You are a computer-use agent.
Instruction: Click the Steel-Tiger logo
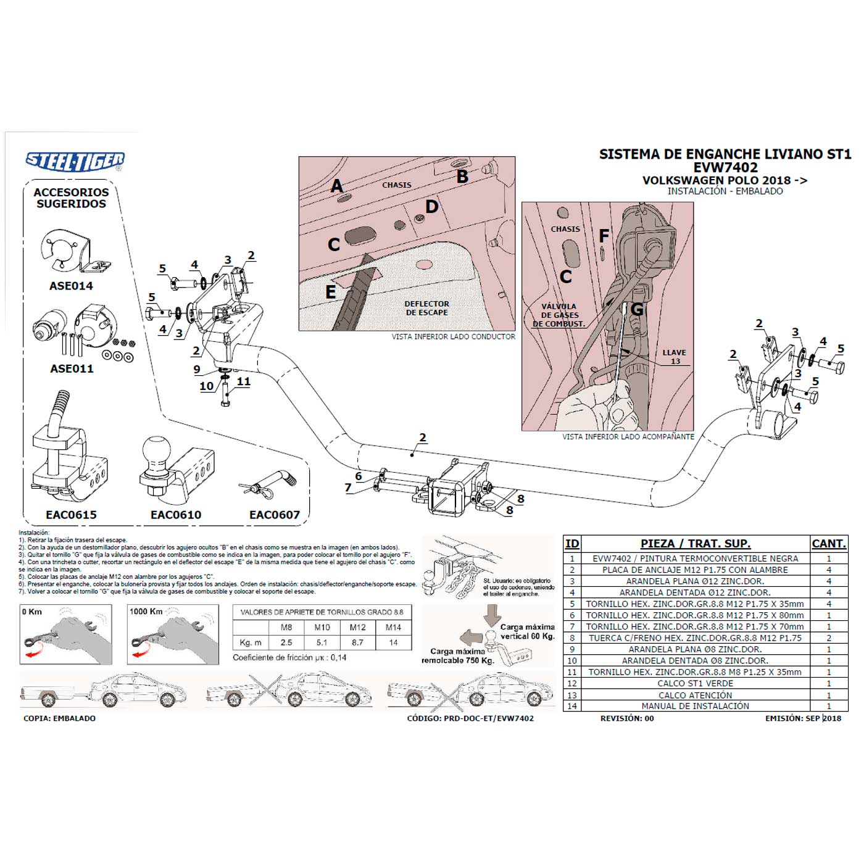click(x=75, y=161)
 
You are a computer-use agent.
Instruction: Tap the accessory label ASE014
click(x=71, y=286)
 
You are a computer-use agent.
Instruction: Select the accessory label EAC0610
click(x=176, y=515)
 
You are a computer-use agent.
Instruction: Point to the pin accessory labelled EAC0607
click(x=269, y=484)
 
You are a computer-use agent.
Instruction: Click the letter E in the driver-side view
click(x=331, y=291)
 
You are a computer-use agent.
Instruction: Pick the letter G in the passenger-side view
click(x=636, y=309)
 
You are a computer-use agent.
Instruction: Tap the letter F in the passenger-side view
click(x=604, y=235)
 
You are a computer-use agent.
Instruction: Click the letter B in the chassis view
click(x=462, y=177)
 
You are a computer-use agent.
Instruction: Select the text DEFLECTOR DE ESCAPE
click(x=426, y=308)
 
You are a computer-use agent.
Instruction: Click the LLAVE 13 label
click(x=674, y=357)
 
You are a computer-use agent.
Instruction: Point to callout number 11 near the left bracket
click(x=244, y=381)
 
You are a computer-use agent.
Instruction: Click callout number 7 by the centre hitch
click(x=348, y=488)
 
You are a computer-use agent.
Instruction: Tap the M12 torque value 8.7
click(x=357, y=642)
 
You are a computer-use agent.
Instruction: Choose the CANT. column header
click(x=828, y=544)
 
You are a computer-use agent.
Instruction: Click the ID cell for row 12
click(x=572, y=683)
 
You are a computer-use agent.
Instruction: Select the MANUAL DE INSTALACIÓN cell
click(x=695, y=706)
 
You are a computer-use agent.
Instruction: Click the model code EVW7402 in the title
click(x=725, y=167)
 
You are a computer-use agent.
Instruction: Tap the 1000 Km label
click(x=146, y=612)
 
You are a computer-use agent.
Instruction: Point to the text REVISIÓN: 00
click(x=626, y=718)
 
